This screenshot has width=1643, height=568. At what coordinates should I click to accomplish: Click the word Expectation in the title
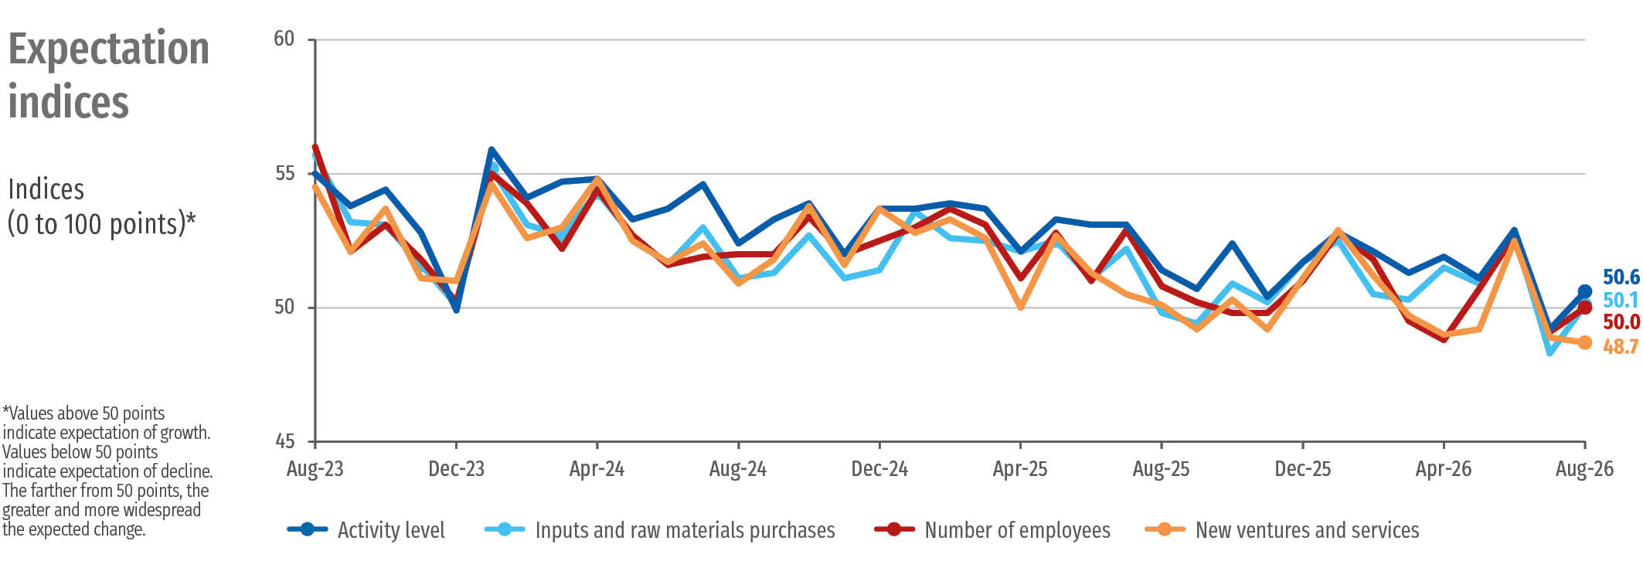pyautogui.click(x=109, y=49)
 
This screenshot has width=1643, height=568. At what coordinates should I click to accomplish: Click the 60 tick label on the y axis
pyautogui.click(x=284, y=39)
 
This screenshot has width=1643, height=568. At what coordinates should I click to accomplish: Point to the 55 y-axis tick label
pyautogui.click(x=284, y=173)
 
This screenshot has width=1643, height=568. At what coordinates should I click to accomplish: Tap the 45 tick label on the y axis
pyautogui.click(x=284, y=441)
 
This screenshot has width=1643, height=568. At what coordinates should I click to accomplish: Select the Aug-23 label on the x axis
pyautogui.click(x=315, y=469)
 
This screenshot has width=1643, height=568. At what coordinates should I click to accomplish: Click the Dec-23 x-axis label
pyautogui.click(x=456, y=469)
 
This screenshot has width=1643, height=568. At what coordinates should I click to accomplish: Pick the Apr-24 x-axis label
pyautogui.click(x=597, y=469)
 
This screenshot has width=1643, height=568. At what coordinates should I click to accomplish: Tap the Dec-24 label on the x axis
pyautogui.click(x=879, y=469)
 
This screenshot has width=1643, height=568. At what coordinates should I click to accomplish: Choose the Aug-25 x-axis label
pyautogui.click(x=1161, y=469)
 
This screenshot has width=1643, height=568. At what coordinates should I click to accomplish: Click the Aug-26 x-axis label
pyautogui.click(x=1584, y=469)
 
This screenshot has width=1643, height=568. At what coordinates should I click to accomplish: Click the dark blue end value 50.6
pyautogui.click(x=1621, y=277)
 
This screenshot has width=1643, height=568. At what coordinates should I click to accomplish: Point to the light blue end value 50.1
pyautogui.click(x=1621, y=300)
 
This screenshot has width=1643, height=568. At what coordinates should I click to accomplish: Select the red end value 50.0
pyautogui.click(x=1621, y=322)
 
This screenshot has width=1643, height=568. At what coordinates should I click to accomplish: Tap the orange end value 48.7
pyautogui.click(x=1621, y=346)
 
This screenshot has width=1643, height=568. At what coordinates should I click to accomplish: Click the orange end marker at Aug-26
pyautogui.click(x=1585, y=342)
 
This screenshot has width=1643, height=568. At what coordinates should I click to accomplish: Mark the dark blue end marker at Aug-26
pyautogui.click(x=1585, y=291)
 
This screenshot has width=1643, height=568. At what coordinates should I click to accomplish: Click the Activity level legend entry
pyautogui.click(x=366, y=530)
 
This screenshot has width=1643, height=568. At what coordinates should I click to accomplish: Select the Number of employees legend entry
pyautogui.click(x=992, y=530)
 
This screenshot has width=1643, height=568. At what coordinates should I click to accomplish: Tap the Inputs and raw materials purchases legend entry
pyautogui.click(x=660, y=530)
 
